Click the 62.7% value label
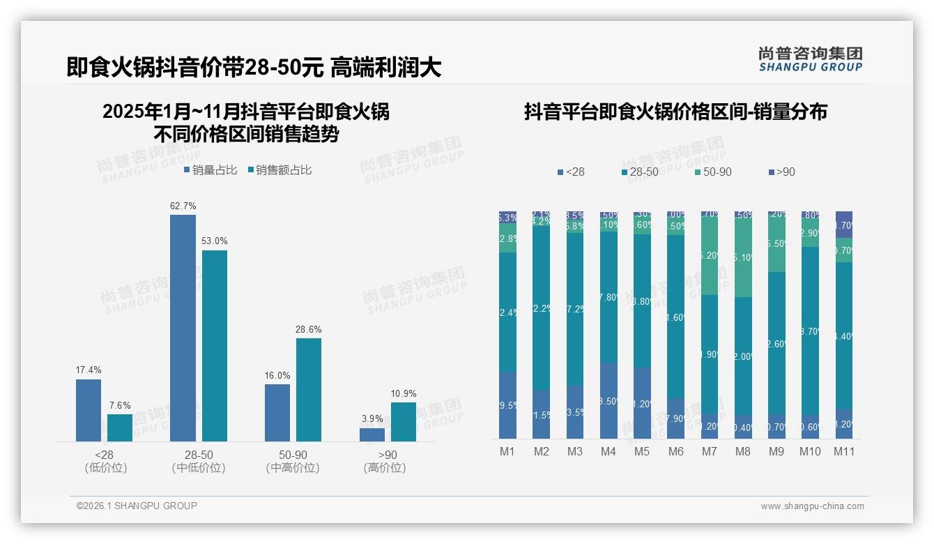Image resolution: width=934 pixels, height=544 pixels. (x=183, y=206)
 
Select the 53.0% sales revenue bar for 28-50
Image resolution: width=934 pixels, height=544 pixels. (x=215, y=345)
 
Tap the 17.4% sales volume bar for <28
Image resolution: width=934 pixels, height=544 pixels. (x=89, y=410)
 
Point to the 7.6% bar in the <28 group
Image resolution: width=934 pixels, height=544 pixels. (x=120, y=428)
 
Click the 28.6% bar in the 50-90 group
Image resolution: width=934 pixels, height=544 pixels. (x=309, y=389)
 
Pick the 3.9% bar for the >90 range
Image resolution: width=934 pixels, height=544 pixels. (x=372, y=435)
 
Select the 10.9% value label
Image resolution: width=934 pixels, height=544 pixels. (x=404, y=393)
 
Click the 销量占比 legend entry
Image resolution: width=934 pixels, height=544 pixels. (x=210, y=169)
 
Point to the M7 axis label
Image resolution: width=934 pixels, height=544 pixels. (x=709, y=451)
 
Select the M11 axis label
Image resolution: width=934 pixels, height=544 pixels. (x=843, y=451)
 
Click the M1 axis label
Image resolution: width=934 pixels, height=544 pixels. (x=507, y=451)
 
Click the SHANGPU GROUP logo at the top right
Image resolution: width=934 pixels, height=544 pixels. (x=810, y=59)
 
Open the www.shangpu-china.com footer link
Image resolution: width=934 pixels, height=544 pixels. (x=812, y=506)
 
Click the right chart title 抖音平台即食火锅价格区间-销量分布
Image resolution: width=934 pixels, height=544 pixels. (x=675, y=112)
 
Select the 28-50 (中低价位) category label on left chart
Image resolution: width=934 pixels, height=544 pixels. (x=199, y=461)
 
